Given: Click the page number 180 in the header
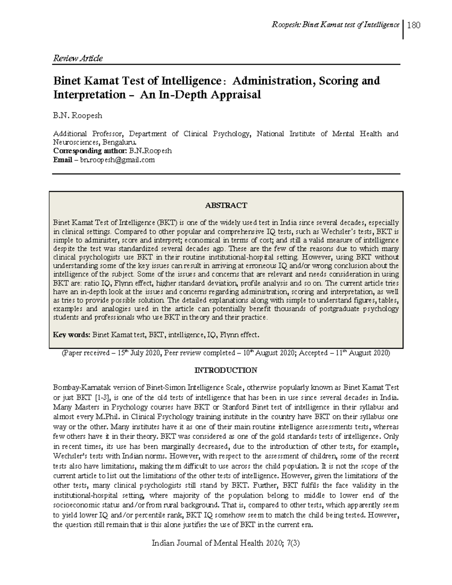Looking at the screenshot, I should [414, 25].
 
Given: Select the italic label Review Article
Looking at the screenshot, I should [78, 58].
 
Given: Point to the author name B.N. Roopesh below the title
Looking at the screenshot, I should [78, 116].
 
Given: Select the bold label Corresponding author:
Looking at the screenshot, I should [90, 151].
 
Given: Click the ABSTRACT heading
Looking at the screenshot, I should [226, 205].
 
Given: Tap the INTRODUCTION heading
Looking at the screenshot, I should [226, 370].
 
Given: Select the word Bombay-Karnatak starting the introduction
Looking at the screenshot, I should [77, 388].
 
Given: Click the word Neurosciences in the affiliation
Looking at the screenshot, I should [74, 142].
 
